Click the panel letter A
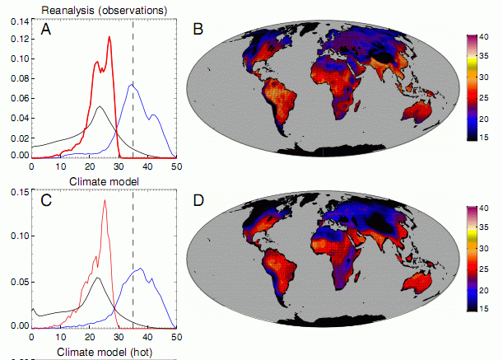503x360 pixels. click(x=49, y=31)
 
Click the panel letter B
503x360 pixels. click(x=198, y=30)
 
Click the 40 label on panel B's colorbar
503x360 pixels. click(x=485, y=37)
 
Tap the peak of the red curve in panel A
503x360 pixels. click(x=109, y=37)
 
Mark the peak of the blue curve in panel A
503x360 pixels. click(x=132, y=84)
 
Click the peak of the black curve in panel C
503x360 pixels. click(x=98, y=278)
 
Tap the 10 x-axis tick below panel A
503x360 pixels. click(x=60, y=167)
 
